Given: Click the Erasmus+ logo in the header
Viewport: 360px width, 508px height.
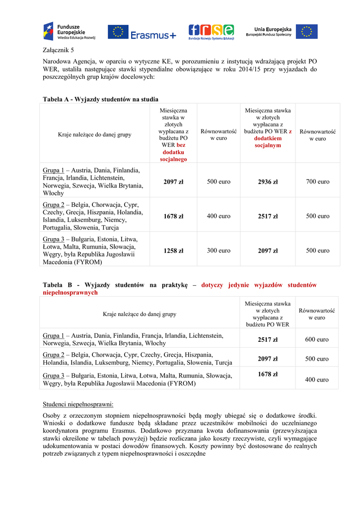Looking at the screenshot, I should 142,32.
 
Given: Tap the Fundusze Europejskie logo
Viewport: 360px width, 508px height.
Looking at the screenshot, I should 69,31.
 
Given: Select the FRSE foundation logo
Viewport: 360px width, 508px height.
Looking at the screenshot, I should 211,32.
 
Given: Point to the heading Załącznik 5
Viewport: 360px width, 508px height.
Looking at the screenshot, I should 59,50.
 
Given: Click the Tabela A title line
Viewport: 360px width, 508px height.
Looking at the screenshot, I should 101,99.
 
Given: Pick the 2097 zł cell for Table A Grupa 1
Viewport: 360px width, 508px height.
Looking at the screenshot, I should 173,182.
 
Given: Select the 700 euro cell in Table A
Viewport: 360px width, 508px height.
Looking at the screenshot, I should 318,182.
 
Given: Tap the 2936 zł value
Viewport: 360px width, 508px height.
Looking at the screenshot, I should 268,182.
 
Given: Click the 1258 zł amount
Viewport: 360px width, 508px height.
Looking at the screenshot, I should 173,251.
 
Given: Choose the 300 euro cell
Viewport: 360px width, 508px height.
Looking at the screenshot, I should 218,251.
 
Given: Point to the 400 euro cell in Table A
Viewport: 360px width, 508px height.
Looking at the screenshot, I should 218,216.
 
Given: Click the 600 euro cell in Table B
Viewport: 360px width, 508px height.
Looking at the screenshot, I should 317,339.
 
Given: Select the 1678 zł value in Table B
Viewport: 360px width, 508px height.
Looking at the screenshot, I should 268,374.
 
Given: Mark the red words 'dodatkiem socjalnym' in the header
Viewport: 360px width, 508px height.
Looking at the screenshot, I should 268,142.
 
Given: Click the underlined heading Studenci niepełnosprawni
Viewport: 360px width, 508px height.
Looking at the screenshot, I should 78,404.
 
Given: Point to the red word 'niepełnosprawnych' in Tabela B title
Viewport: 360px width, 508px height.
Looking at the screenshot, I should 71,293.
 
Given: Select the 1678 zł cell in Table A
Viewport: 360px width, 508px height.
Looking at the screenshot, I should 173,216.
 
